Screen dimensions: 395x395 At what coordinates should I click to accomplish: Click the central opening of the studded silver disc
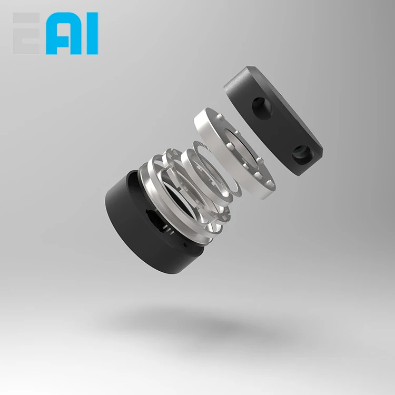(x=240, y=150)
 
